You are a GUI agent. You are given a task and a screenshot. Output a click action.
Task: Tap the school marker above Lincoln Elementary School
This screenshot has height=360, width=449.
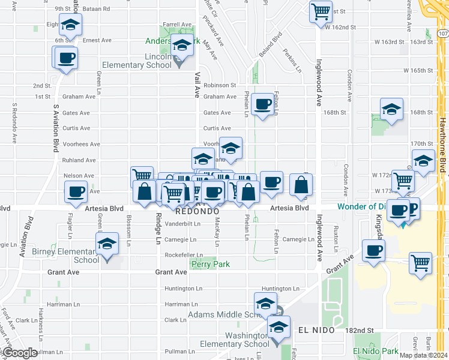(x=182, y=46)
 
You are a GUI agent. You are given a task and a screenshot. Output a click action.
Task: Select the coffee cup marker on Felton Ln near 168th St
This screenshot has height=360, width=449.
(x=262, y=104)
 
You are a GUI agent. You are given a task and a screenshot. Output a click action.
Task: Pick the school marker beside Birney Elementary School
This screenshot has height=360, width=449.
(x=107, y=244)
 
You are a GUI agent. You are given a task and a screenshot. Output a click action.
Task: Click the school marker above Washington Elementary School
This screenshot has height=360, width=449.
(x=278, y=328)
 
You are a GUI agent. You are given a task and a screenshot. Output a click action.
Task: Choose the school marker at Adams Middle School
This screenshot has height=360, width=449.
(x=265, y=304)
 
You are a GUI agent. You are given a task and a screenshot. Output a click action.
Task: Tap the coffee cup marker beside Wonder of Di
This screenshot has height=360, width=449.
(x=398, y=210)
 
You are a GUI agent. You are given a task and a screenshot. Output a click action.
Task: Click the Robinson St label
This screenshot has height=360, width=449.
(x=220, y=86)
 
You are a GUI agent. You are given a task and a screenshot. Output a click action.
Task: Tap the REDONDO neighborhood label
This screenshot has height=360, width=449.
(x=196, y=212)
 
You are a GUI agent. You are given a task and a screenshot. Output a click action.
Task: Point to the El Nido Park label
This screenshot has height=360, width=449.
(x=376, y=351)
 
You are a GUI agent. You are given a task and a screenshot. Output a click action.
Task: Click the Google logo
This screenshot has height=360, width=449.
(x=19, y=353)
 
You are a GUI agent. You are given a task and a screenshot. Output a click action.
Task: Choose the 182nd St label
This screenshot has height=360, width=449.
(x=359, y=331)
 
